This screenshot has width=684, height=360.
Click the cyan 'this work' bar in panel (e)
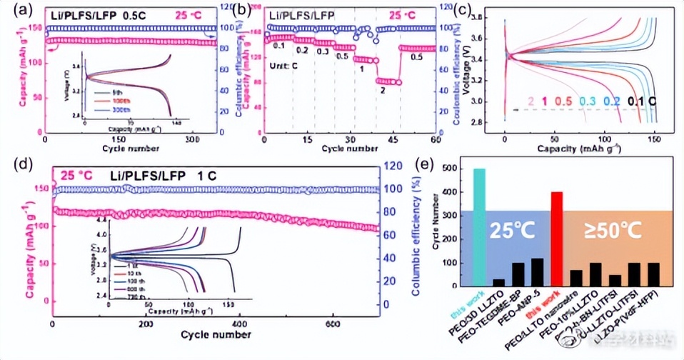pyautogui.click(x=479, y=227)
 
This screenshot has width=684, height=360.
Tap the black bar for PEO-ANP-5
pyautogui.click(x=537, y=271)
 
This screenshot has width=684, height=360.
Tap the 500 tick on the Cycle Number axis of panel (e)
pyautogui.click(x=458, y=169)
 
